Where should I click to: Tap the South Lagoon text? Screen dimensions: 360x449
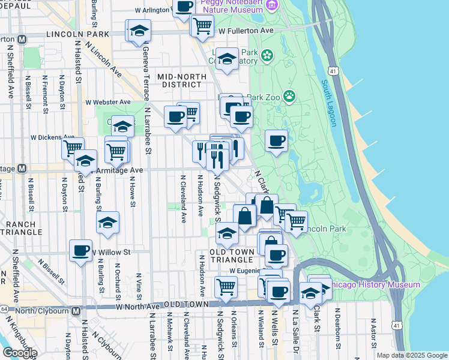point(328,103)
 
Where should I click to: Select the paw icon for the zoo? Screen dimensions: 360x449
point(290,95)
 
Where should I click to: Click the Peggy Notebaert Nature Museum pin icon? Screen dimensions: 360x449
point(273,5)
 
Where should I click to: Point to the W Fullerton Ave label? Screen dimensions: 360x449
point(246,30)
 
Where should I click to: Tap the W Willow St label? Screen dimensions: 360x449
point(111,253)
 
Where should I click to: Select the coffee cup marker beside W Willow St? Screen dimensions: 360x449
point(80,250)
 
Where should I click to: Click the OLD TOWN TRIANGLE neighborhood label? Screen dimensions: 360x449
point(231,255)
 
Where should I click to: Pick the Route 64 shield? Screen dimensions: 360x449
point(4,309)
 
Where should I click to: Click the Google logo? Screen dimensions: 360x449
point(19,352)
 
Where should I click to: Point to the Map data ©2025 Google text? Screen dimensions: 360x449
point(411,355)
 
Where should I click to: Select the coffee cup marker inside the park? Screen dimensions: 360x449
point(276,141)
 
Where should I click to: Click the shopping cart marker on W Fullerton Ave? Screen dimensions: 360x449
point(202,25)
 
